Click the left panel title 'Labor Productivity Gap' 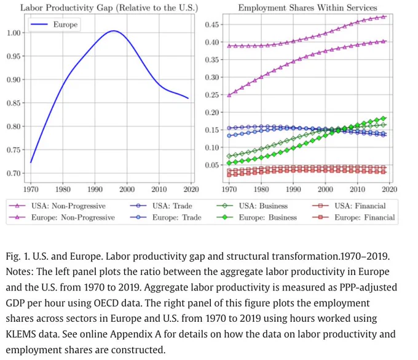point(66,8)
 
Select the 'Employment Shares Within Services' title point(307,8)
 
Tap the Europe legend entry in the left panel point(54,24)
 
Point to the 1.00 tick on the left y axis point(14,33)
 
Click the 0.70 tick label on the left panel point(14,173)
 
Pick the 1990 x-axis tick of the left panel point(95,189)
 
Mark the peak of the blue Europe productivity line point(114,31)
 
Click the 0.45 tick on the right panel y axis point(212,25)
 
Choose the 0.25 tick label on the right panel point(212,95)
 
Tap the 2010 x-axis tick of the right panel point(357,189)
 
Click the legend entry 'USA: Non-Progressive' point(57,206)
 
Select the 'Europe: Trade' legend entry point(165,217)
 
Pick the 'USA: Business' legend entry point(253,206)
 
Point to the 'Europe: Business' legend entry point(257,217)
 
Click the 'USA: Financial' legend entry point(349,206)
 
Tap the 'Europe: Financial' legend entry point(353,217)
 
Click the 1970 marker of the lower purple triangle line point(229,95)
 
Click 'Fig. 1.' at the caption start point(17,256)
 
